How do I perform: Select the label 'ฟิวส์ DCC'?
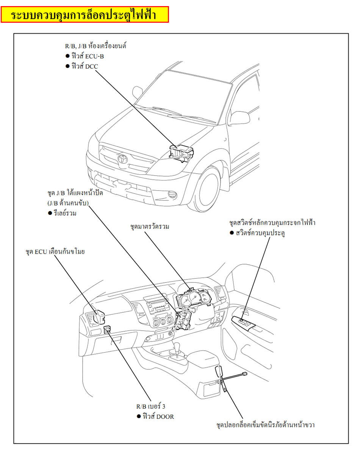(x=84, y=66)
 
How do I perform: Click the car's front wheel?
(x=208, y=190)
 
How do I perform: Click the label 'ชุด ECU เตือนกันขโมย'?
(x=55, y=251)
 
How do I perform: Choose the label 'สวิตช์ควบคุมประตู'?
(x=260, y=233)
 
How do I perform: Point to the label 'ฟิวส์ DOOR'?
(x=158, y=416)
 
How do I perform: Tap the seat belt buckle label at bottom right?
(x=265, y=425)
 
